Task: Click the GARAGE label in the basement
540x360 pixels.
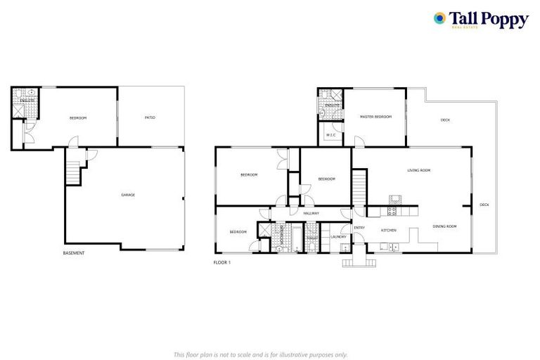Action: point(128,195)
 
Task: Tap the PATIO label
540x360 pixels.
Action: point(150,117)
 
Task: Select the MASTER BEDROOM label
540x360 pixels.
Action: point(375,117)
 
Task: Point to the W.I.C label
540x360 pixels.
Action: point(330,134)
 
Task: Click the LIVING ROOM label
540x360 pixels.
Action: point(419,170)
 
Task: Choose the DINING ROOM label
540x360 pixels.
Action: point(444,226)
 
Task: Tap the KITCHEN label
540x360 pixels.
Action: point(390,230)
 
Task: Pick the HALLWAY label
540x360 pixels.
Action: point(311,213)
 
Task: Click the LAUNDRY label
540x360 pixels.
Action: point(339,237)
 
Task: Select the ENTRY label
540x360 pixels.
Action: point(359,227)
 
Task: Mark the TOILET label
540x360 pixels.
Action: point(313,238)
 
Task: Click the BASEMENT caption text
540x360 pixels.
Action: point(74,253)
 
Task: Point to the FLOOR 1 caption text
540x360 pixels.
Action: point(222,262)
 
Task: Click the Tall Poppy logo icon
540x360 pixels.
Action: point(440,18)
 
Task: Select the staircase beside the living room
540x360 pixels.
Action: point(359,188)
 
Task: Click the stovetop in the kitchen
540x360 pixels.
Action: point(392,210)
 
